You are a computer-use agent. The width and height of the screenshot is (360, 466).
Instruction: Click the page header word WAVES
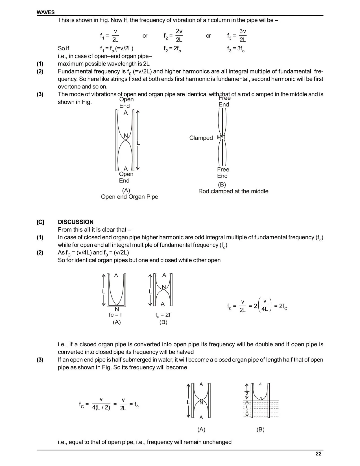[45, 12]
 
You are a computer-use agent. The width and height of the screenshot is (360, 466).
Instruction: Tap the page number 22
[318, 454]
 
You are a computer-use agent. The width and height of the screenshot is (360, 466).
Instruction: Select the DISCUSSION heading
[75, 222]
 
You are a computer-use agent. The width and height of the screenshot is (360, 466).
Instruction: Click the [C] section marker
[40, 222]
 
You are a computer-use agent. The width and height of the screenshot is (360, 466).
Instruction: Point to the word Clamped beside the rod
[201, 138]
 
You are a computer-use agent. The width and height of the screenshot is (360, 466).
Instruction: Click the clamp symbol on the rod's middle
[222, 137]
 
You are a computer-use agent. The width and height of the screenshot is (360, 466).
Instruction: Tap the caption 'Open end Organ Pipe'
[129, 197]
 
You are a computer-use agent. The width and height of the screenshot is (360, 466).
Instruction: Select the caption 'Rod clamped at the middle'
[233, 191]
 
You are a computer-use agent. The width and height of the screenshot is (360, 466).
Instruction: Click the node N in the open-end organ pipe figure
[126, 136]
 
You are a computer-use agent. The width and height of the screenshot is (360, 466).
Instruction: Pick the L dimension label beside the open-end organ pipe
[138, 143]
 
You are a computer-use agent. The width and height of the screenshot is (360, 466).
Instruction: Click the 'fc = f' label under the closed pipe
[115, 315]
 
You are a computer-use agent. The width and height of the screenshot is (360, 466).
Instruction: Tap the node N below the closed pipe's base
[117, 309]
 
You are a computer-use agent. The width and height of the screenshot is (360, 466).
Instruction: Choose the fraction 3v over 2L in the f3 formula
[243, 35]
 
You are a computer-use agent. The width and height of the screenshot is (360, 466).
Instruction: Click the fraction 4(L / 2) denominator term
[101, 408]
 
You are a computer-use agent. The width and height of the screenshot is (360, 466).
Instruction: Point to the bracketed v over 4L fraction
[264, 305]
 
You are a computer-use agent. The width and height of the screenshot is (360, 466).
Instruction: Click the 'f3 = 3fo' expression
[236, 49]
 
